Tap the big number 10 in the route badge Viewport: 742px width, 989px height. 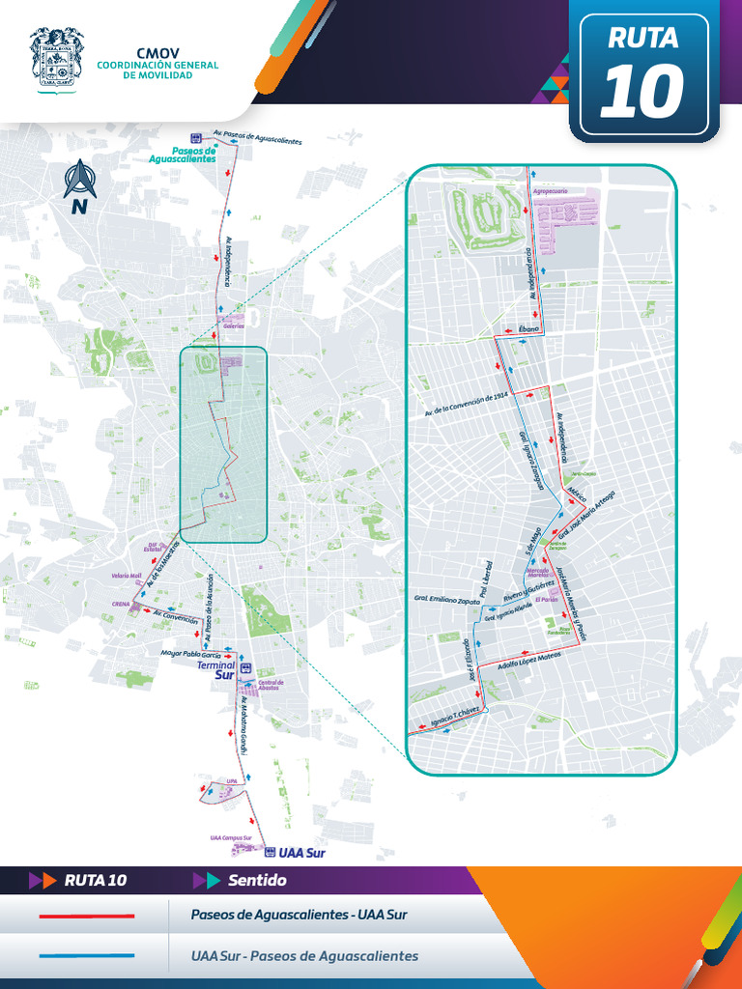pyautogui.click(x=642, y=92)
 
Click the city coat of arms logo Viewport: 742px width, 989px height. pyautogui.click(x=57, y=58)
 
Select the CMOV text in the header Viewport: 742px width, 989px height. pyautogui.click(x=157, y=53)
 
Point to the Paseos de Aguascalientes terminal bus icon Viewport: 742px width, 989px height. pyautogui.click(x=196, y=138)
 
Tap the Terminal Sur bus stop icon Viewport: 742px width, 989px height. pyautogui.click(x=245, y=667)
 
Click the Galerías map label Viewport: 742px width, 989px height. pyautogui.click(x=233, y=326)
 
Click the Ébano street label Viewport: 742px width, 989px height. pyautogui.click(x=528, y=330)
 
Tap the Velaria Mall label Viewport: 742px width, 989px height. pyautogui.click(x=127, y=576)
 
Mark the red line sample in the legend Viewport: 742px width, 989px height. pyautogui.click(x=86, y=915)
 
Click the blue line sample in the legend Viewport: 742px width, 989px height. pyautogui.click(x=86, y=956)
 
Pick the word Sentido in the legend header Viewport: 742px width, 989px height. pyautogui.click(x=257, y=881)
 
